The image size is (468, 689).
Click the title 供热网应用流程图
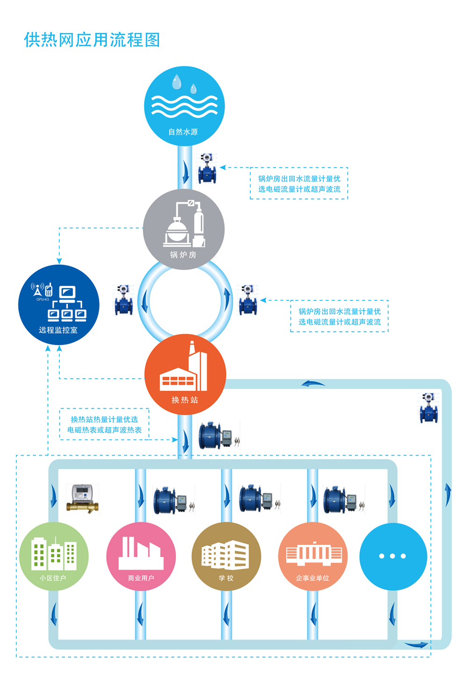click(92, 40)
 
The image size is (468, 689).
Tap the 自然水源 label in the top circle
click(183, 132)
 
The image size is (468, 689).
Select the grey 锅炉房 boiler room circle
click(184, 230)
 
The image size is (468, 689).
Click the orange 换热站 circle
click(185, 374)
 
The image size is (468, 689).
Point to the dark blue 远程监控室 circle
click(58, 305)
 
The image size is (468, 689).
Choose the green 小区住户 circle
click(54, 556)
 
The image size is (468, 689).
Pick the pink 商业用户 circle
click(141, 556)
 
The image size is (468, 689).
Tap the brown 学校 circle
click(227, 556)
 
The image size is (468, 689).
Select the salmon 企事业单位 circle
click(313, 556)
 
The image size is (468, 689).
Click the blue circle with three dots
click(393, 556)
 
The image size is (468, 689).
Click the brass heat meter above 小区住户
click(82, 498)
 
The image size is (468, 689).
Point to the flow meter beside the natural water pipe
click(207, 168)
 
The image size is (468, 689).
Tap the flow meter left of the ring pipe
click(124, 300)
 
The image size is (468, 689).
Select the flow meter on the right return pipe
click(429, 408)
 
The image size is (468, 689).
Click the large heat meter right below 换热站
click(218, 436)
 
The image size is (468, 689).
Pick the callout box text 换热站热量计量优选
click(104, 419)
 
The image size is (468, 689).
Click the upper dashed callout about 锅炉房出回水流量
click(299, 183)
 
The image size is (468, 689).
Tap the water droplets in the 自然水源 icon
click(183, 84)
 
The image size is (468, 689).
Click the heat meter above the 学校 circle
click(258, 499)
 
